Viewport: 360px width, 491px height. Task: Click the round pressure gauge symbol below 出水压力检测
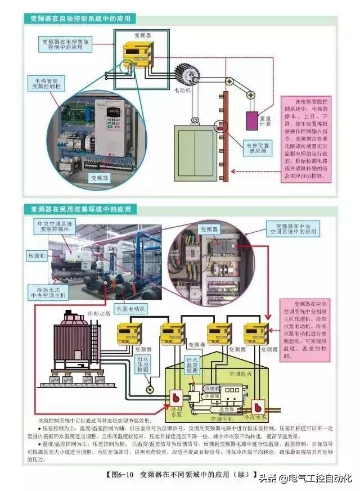[149, 389]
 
